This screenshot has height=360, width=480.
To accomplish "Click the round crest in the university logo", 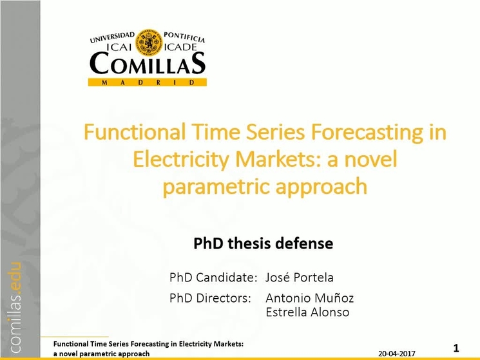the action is tap(149, 43).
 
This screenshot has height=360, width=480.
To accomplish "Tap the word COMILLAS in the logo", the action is tap(148, 63).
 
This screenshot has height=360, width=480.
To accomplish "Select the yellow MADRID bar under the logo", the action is tap(148, 82).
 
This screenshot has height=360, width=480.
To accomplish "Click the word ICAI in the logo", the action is tap(119, 47).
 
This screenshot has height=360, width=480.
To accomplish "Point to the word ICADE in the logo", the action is tap(180, 47).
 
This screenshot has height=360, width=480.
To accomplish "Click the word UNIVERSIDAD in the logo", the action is tap(112, 37).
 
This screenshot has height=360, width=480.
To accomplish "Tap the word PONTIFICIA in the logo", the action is tap(184, 37).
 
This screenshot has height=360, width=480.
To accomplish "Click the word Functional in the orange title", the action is tap(135, 132).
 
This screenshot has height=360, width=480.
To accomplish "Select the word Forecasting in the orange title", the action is tap(367, 133).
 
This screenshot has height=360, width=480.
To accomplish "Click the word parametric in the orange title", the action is tap(216, 187).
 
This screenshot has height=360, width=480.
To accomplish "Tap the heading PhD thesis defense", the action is tap(264, 243).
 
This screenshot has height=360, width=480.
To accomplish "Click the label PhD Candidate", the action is tap(213, 278).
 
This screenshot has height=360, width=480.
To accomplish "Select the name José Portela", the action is tap(300, 278).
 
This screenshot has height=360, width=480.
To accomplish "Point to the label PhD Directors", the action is tap(210, 298).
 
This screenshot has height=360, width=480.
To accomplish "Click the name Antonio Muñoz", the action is tap(310, 298).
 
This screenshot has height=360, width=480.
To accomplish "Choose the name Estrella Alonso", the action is tap(307, 312).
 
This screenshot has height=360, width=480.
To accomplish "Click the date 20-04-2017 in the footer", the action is tap(397, 354).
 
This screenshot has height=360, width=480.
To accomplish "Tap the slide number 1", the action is tap(456, 348).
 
